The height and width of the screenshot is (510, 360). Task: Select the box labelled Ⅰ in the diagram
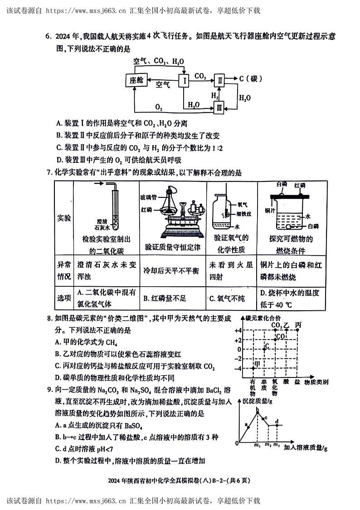click(184, 81)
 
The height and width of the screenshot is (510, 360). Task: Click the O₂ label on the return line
click(159, 107)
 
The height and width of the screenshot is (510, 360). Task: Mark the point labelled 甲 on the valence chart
click(253, 368)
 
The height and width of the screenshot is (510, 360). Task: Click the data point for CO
click(275, 339)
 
